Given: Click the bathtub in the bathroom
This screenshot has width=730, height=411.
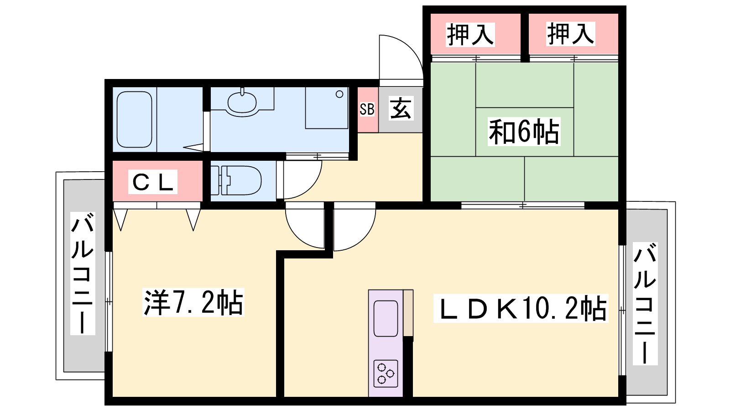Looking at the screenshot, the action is point(134,119).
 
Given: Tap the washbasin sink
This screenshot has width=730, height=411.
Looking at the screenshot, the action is point(242,102).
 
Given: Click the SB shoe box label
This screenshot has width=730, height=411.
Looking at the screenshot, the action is point(367,109).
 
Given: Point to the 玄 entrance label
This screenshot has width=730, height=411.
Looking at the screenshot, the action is point(401,108).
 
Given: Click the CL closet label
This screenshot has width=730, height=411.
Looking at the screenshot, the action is point(152,182).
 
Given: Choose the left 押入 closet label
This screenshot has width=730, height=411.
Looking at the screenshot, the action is point(470,35).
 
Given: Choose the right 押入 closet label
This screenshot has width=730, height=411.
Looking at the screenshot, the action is point(570,34).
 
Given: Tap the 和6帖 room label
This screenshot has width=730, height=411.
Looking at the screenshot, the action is point(524,132).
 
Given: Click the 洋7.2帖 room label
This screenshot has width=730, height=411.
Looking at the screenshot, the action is point(193,302).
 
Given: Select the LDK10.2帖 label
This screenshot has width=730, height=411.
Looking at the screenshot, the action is point(521,308).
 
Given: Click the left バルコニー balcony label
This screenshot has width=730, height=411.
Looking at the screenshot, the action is point(83,274).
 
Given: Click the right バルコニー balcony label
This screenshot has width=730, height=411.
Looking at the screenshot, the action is point(645,304).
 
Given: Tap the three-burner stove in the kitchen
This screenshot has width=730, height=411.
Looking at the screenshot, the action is point(386,374).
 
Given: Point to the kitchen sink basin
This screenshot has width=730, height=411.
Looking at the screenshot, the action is point(386,318).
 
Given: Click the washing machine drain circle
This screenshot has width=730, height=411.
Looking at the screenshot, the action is point(339,94).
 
